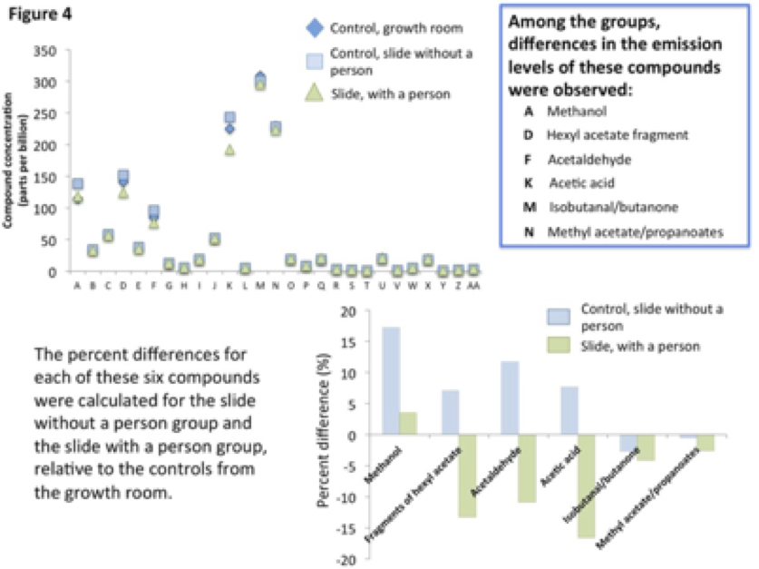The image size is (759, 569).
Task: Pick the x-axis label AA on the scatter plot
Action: click(x=472, y=285)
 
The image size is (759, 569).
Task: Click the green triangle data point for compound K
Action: click(x=229, y=150)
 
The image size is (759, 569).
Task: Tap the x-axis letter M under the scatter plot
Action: click(x=260, y=285)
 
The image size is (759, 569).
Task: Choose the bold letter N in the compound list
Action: click(x=528, y=231)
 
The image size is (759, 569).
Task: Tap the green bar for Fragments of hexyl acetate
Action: click(x=467, y=476)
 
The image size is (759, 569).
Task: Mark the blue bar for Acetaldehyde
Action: click(x=510, y=398)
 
